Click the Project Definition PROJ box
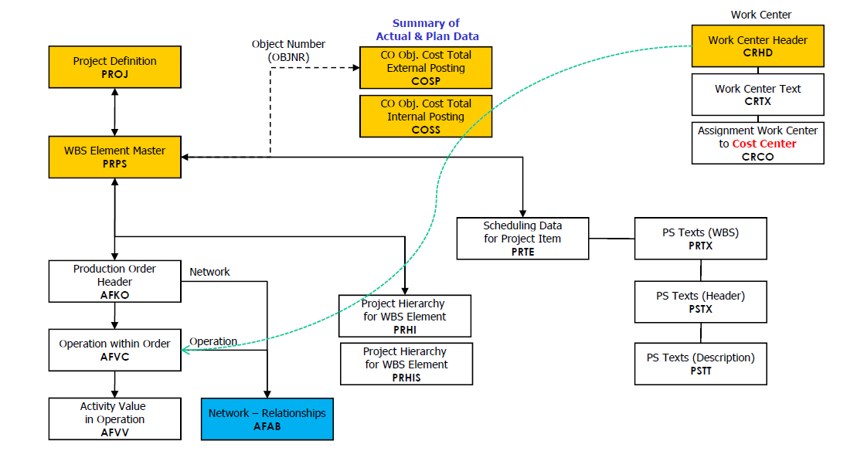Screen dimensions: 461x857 [114, 67]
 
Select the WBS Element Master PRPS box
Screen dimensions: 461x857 [114, 157]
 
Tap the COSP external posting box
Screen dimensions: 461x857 [426, 68]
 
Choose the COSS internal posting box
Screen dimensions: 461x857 [426, 117]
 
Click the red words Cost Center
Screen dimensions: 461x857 [763, 144]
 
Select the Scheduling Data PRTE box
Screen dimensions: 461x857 [522, 239]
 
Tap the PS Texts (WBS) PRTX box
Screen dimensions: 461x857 [700, 239]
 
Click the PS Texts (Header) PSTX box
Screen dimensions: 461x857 [700, 302]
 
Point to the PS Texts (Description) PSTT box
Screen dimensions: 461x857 [700, 364]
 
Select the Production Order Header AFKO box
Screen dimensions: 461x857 [114, 281]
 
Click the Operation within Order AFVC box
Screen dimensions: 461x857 [114, 350]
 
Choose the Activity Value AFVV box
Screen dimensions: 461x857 [114, 419]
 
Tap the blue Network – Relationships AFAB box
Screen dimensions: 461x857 [267, 419]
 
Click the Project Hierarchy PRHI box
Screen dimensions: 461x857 [404, 316]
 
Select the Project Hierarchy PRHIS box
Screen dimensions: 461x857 [406, 364]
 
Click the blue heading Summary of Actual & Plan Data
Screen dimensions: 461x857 [427, 30]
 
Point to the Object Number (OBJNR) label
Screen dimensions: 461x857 [288, 50]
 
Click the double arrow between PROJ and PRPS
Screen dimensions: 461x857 [114, 113]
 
